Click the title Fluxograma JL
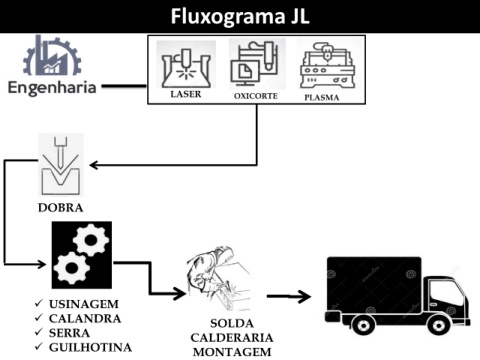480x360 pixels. click(x=240, y=16)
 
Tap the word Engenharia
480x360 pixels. click(x=52, y=88)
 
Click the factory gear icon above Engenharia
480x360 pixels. click(x=52, y=55)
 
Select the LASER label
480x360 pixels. click(x=186, y=94)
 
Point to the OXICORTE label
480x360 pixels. click(x=256, y=96)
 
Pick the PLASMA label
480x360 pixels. click(x=322, y=98)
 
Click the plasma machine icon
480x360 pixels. click(x=328, y=65)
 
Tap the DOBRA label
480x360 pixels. click(x=61, y=208)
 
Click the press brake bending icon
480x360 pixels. click(x=61, y=165)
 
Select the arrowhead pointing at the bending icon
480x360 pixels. click(x=94, y=165)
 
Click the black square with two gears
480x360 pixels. click(x=82, y=255)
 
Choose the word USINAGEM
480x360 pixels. click(x=84, y=304)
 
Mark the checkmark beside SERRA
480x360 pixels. click(x=39, y=332)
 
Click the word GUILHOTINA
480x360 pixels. click(x=90, y=347)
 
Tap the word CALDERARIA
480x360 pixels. click(x=232, y=338)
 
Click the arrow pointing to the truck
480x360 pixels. click(x=289, y=296)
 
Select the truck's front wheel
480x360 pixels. click(x=438, y=325)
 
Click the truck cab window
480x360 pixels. click(x=446, y=294)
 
